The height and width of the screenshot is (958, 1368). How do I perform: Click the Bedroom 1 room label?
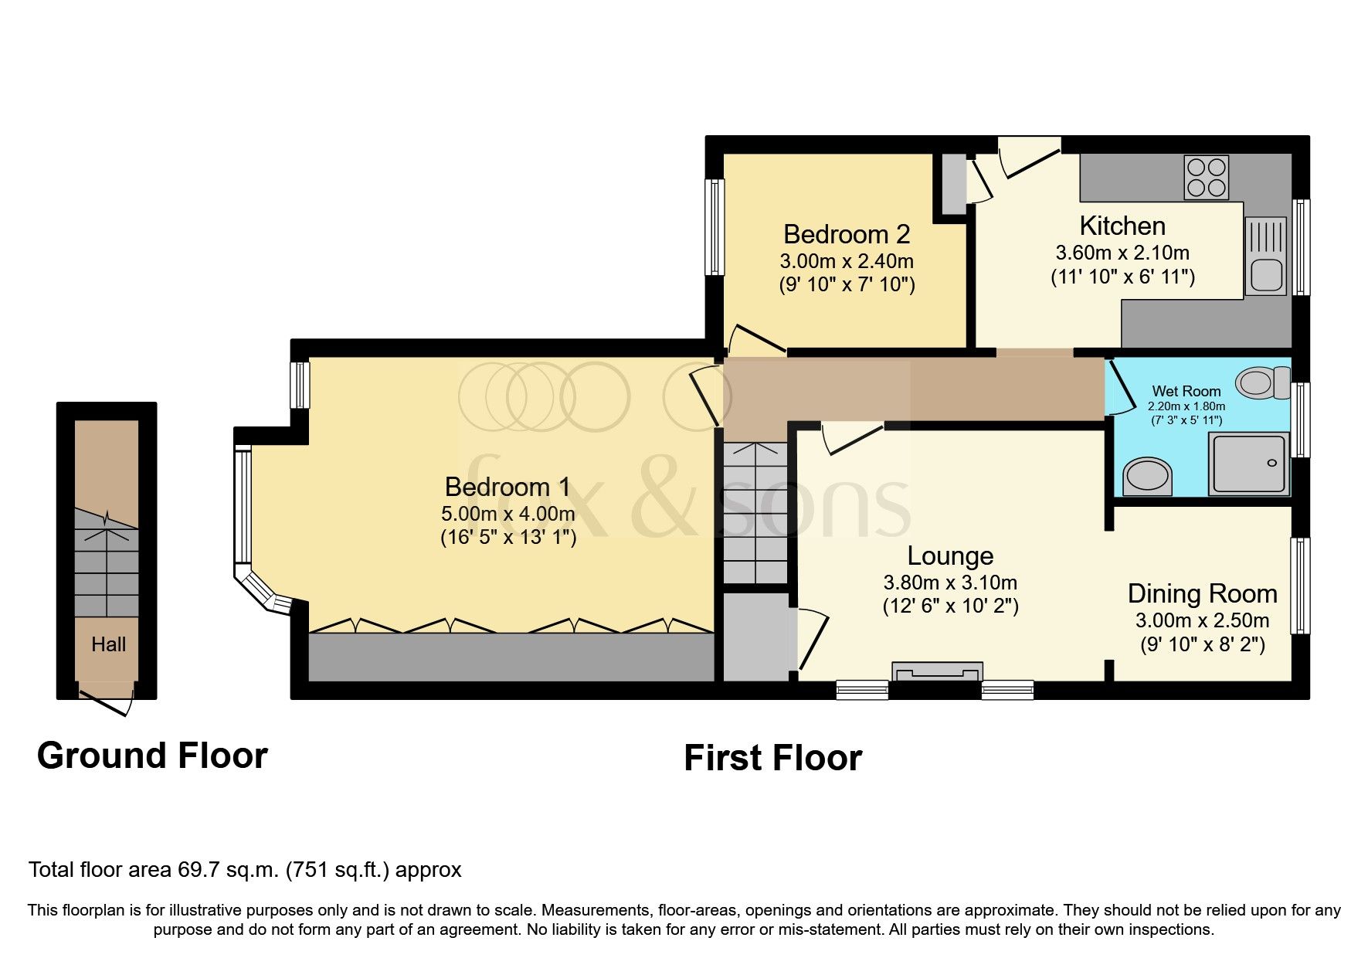click(x=507, y=487)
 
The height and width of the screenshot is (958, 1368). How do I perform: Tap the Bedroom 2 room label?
click(x=846, y=234)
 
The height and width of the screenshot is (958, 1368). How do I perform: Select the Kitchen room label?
click(x=1122, y=226)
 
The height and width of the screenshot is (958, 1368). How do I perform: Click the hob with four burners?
click(x=1206, y=178)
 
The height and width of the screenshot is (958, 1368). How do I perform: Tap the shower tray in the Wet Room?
click(x=1249, y=464)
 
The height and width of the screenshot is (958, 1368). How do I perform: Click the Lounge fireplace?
click(x=936, y=671)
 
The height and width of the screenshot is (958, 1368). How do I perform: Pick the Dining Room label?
click(x=1202, y=593)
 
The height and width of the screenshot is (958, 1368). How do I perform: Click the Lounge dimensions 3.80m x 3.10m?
click(x=950, y=583)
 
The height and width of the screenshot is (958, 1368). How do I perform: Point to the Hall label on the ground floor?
click(x=108, y=644)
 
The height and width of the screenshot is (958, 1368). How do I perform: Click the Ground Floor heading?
click(x=152, y=755)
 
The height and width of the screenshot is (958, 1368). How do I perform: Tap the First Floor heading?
click(x=772, y=758)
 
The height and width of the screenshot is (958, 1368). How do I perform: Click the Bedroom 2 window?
click(x=715, y=227)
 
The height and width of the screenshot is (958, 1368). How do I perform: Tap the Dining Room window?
click(x=1300, y=586)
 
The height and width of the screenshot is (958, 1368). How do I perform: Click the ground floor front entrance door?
click(x=106, y=700)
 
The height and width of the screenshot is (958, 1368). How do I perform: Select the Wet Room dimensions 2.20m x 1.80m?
click(x=1186, y=406)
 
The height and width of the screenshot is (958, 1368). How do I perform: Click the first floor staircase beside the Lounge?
click(x=755, y=514)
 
